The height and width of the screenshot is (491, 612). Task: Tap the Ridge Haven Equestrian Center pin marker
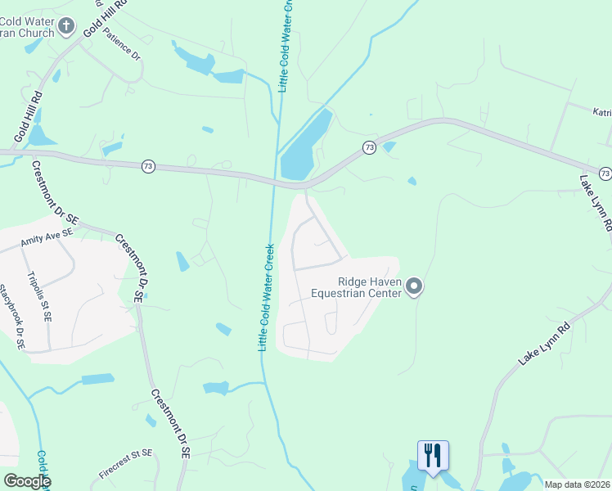tap(415, 286)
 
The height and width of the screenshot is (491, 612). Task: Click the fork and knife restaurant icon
tap(433, 454)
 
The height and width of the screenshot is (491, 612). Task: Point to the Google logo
tap(26, 481)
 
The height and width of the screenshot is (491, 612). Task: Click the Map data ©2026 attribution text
tap(578, 484)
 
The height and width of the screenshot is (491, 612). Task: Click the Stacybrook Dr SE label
tap(12, 318)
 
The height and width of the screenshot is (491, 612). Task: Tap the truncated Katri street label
tap(602, 111)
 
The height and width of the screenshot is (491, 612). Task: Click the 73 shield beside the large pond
tap(370, 147)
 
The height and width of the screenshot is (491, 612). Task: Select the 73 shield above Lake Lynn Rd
tap(605, 173)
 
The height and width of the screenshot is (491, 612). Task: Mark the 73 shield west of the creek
tap(148, 166)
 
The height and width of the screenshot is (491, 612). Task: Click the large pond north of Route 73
tap(305, 147)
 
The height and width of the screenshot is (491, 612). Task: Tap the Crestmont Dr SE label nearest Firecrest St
tap(170, 422)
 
